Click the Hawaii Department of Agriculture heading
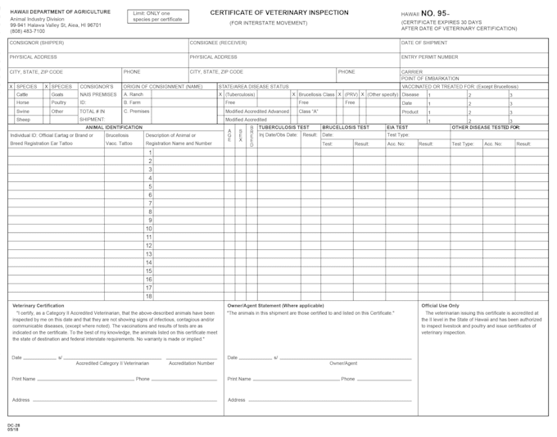60,12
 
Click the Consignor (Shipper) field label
36,42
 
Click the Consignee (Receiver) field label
218,42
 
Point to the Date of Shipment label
424,42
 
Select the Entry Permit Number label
430,57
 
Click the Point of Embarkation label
430,79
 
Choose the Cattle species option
24,94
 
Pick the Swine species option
24,111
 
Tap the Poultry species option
58,102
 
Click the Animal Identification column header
114,128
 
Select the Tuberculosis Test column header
283,128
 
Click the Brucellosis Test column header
346,128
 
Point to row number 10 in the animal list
149,229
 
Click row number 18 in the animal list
149,296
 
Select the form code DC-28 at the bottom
13,426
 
